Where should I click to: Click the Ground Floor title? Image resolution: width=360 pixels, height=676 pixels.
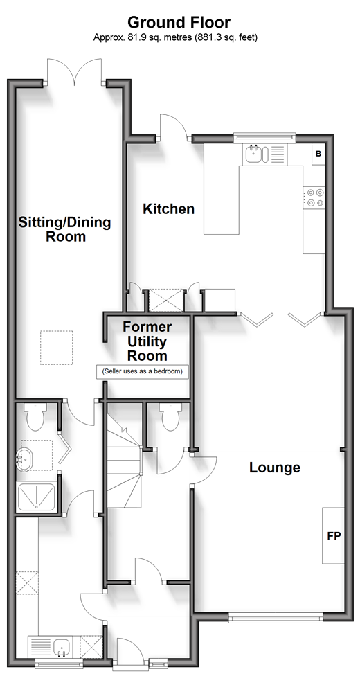point(179,22)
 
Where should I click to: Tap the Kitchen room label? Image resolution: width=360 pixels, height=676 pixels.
point(168,209)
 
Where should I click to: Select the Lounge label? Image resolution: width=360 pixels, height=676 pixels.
point(275,468)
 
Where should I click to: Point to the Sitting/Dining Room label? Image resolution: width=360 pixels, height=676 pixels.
point(64,229)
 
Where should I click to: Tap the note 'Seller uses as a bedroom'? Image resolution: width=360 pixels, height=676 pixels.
point(143,371)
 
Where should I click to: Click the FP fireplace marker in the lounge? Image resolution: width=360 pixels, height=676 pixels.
point(334,536)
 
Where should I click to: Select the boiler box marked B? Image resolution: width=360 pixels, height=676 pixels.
point(318,154)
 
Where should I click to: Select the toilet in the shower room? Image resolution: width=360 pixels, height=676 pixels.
point(34,416)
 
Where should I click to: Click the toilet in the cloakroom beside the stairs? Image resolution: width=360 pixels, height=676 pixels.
point(170,416)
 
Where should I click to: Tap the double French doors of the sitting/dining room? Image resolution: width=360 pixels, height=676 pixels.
point(74,71)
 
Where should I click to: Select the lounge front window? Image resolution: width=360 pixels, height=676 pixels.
point(276,619)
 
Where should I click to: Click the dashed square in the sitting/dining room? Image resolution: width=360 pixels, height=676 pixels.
point(57,348)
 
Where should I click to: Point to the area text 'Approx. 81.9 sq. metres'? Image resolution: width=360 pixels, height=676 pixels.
point(143,38)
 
